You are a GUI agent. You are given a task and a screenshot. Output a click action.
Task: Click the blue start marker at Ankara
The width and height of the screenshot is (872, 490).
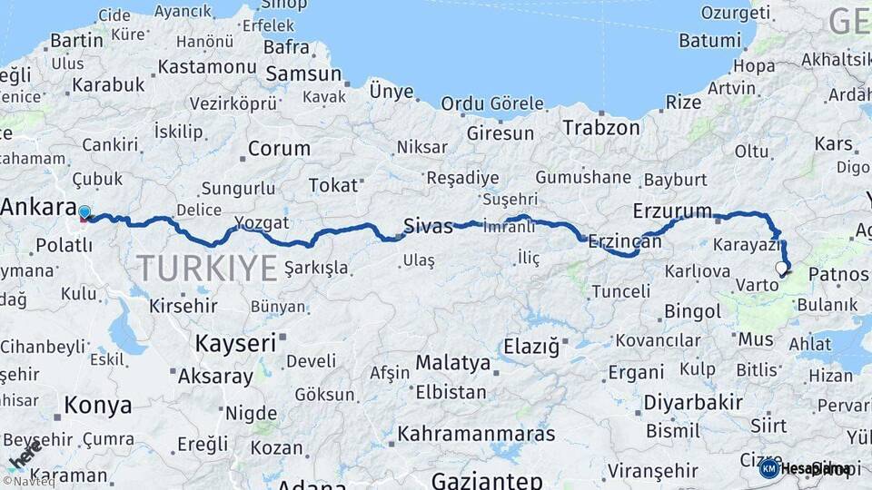[84, 213]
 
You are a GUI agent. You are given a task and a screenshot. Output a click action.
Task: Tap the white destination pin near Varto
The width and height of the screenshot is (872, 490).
[781, 268]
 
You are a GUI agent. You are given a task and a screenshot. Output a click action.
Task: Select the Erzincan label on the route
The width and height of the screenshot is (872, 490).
[625, 242]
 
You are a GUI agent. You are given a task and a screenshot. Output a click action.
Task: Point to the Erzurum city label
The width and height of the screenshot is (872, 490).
[672, 211]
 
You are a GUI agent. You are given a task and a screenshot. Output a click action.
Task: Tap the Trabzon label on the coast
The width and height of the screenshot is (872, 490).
[600, 128]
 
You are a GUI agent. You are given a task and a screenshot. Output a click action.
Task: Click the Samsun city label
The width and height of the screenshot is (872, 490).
[302, 75]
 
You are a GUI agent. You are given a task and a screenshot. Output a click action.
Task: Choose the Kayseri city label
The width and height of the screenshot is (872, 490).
[235, 343]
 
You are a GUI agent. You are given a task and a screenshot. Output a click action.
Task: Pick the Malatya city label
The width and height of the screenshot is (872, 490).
[452, 363]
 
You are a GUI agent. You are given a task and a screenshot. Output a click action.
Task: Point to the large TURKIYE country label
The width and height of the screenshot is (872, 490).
[207, 268]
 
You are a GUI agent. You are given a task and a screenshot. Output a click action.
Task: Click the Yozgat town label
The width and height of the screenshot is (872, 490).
[261, 223]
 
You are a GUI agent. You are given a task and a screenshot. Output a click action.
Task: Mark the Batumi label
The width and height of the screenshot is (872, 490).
[709, 41]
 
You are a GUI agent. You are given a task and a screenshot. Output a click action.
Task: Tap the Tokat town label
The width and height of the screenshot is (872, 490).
[332, 185]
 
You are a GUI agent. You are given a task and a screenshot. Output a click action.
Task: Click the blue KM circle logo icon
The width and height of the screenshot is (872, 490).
[769, 468]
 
